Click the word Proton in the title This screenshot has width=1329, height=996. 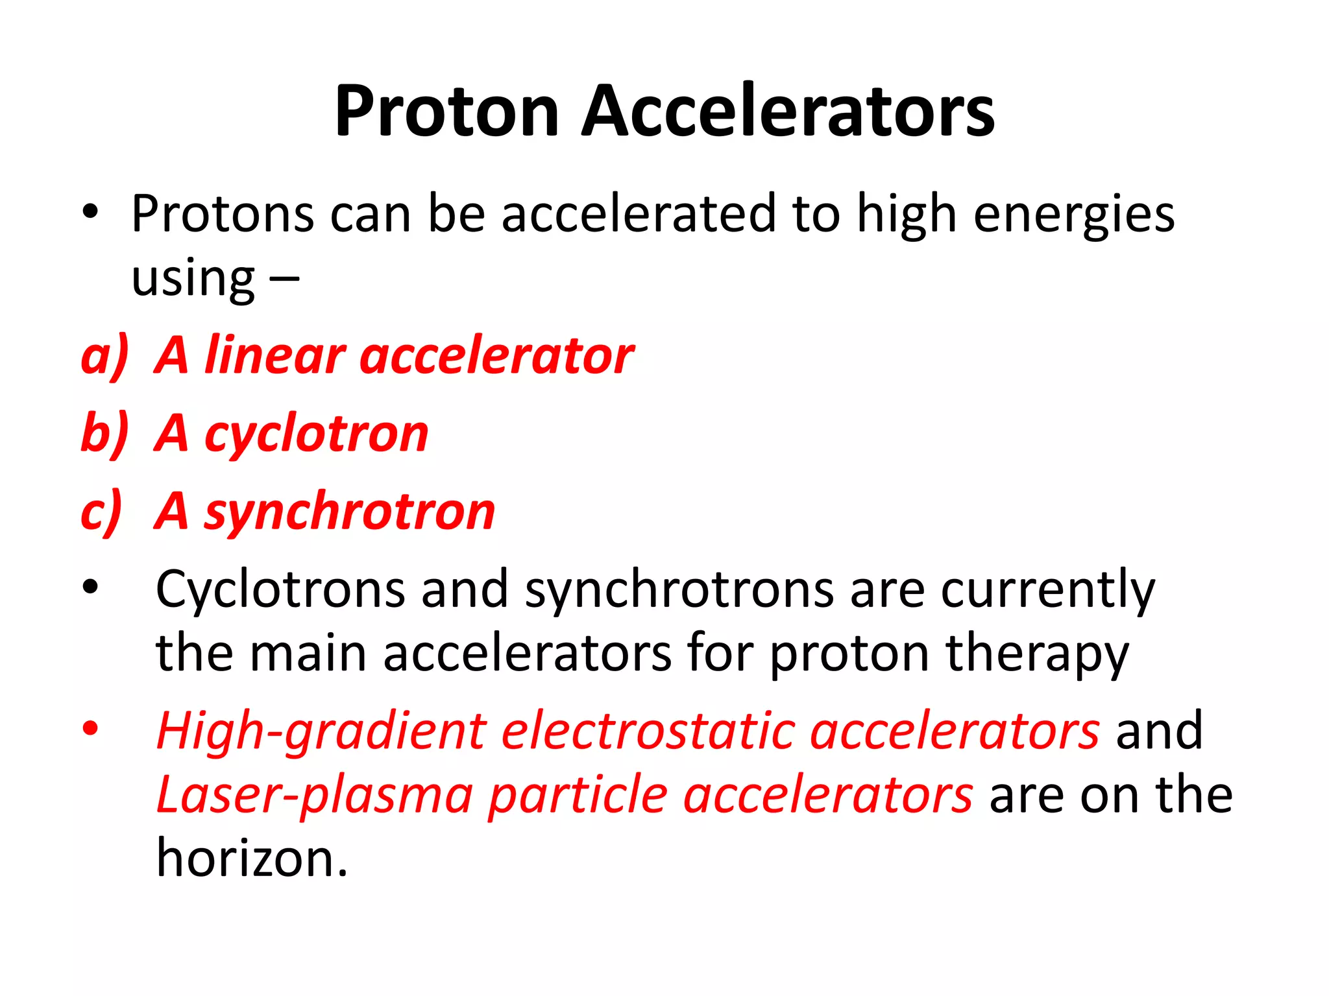[x=446, y=112]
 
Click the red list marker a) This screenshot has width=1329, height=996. [x=104, y=357]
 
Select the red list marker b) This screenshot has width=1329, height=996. [x=104, y=433]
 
